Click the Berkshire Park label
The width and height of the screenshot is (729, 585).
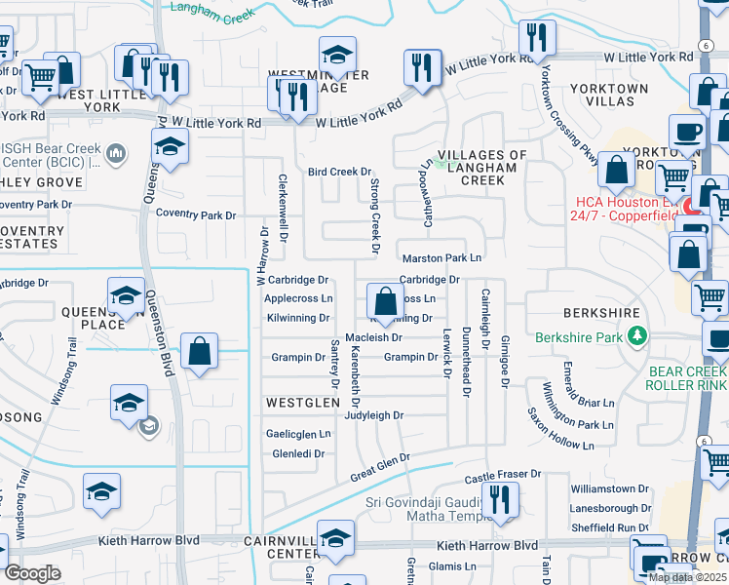[581, 337]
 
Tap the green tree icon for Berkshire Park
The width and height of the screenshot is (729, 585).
[637, 336]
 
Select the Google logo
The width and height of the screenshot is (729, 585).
[32, 573]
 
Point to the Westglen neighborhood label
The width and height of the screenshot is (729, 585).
[302, 402]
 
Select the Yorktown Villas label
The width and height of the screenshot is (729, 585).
[608, 95]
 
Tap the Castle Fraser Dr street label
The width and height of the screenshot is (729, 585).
[502, 476]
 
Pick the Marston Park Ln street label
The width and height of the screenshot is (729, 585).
[442, 258]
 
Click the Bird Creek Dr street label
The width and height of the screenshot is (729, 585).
[340, 172]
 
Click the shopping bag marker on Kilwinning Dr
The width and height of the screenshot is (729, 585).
[385, 300]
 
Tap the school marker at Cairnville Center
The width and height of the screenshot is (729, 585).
[335, 538]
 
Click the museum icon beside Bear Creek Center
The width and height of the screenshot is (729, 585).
[116, 153]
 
